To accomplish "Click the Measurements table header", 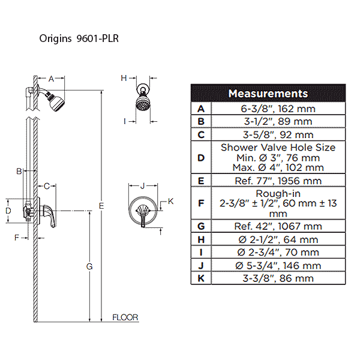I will point(268,94).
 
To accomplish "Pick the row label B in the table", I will point(201,122).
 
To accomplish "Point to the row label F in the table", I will point(201,203).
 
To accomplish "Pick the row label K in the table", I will point(201,278).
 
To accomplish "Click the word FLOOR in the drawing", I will point(125,317).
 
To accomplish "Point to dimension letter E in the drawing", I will point(102,206).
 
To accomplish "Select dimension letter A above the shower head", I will point(51,79).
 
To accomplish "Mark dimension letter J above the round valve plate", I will point(143,186).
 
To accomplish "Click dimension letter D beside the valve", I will point(8,211).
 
